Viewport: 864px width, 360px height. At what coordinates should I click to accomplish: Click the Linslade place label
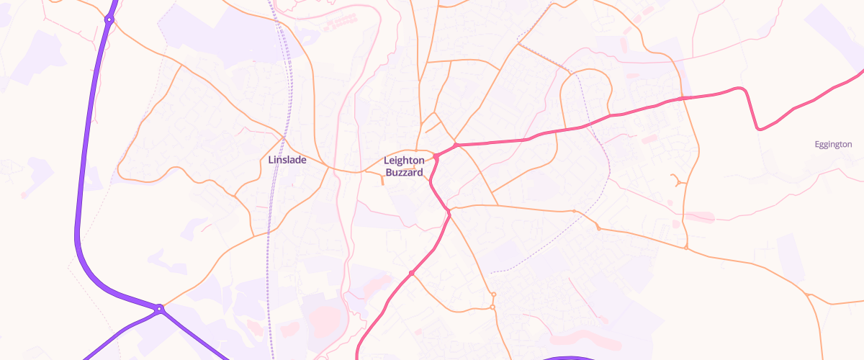coord(287,160)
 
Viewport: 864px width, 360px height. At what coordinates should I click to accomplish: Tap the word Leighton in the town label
coord(404,161)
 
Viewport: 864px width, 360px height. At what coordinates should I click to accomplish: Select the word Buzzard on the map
coord(404,173)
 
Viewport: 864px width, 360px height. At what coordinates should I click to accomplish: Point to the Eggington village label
coord(833,145)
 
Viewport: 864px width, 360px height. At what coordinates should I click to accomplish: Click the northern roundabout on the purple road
coord(109,19)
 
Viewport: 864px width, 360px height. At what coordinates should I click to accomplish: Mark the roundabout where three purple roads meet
coord(159,309)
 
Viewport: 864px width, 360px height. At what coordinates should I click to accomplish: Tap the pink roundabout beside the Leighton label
coord(436,156)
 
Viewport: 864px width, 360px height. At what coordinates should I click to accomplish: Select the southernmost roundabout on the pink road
coord(411,273)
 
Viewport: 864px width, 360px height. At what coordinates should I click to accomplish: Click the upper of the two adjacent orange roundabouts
coord(493,294)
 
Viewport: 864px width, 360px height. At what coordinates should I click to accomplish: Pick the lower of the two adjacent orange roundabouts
coord(492,308)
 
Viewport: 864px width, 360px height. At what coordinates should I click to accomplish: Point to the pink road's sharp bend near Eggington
coord(758,128)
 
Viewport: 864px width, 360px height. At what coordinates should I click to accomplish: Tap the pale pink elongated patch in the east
coord(699,216)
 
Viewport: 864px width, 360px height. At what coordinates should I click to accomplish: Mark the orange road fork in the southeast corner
coord(809,295)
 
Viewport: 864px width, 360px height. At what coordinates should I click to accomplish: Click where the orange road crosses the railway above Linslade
coord(284,136)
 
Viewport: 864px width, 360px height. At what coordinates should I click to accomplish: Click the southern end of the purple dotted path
coord(491,273)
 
